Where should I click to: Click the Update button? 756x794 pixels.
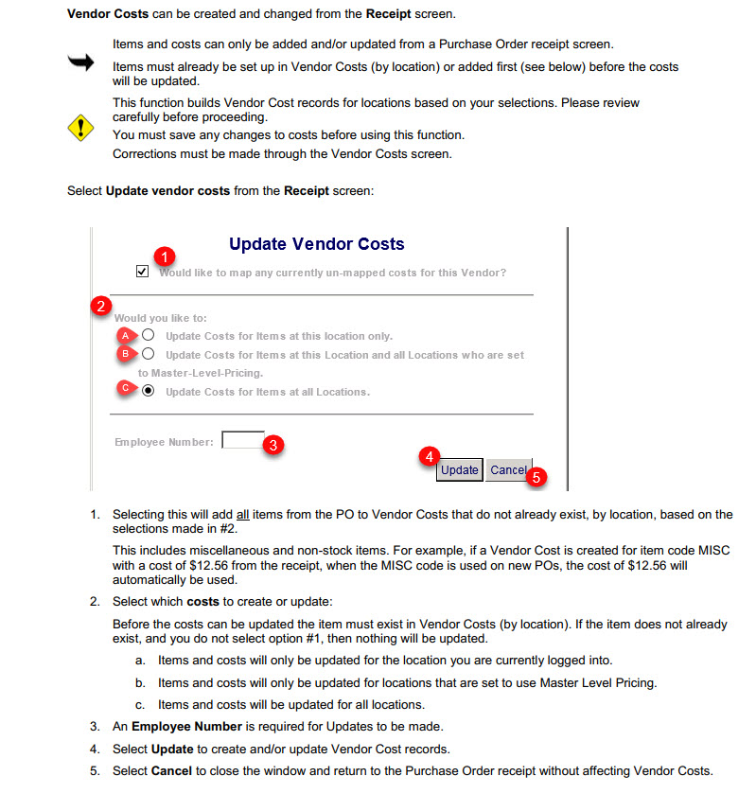click(460, 470)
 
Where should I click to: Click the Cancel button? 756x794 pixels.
click(508, 470)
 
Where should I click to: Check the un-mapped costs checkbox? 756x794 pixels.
click(142, 272)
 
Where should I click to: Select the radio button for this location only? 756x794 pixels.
click(149, 335)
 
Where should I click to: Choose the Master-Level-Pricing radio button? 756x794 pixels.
click(149, 354)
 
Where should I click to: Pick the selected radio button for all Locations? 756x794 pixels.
click(149, 391)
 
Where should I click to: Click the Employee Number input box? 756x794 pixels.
click(241, 440)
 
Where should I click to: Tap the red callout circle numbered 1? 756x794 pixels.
click(166, 256)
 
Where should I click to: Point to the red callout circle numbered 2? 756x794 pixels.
click(100, 306)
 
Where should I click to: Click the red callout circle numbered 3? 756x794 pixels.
click(273, 444)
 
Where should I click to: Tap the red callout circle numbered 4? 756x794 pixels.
click(429, 456)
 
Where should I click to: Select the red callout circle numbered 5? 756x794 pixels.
click(536, 478)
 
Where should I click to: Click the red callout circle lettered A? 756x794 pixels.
click(124, 335)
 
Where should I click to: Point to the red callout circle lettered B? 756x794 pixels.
click(124, 354)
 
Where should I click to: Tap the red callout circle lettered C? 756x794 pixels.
click(124, 387)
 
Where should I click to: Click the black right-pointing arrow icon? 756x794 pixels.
click(81, 62)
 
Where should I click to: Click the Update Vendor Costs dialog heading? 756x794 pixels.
click(316, 244)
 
